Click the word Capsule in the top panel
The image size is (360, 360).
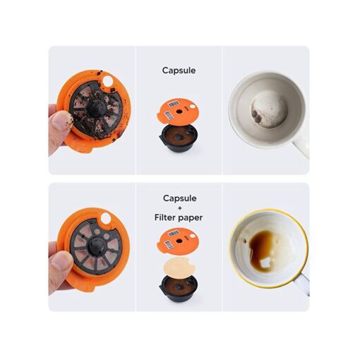(179, 71)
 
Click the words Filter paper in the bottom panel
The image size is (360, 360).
(179, 217)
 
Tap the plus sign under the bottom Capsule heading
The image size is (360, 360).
(180, 208)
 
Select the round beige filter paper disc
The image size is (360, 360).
(179, 267)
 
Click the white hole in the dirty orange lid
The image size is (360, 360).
(108, 81)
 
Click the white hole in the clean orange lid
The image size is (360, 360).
(105, 218)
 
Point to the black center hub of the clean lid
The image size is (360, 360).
(96, 246)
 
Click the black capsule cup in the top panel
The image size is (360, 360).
(179, 138)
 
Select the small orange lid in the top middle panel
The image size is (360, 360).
(178, 111)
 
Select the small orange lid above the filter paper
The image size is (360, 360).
(178, 241)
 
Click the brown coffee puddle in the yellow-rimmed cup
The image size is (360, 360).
(260, 249)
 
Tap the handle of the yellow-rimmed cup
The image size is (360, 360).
(303, 283)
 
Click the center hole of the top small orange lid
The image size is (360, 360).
(179, 111)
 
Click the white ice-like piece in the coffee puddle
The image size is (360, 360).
(265, 263)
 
